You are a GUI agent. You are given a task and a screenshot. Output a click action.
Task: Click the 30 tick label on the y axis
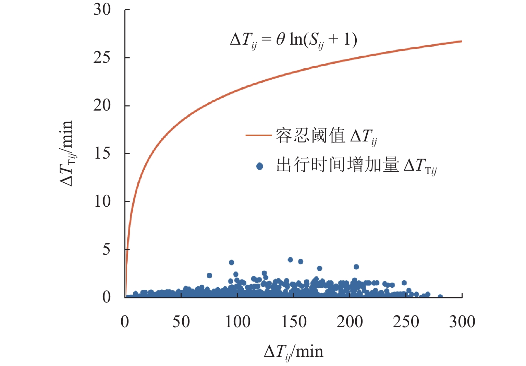pos(102,10)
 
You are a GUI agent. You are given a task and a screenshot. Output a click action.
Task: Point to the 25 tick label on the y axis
pos(102,58)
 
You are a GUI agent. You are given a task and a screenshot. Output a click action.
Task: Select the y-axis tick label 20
pos(102,105)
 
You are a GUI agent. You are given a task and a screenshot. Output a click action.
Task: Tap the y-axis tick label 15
pos(102,153)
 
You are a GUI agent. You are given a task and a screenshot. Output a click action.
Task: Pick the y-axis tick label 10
pos(102,201)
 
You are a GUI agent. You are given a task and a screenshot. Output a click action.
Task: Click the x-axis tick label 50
pos(181,322)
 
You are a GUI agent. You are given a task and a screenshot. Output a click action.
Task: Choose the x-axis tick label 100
pos(237,322)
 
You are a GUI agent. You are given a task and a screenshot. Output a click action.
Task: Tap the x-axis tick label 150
pos(294,322)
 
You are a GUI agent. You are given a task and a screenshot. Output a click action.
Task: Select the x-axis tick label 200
pos(350,322)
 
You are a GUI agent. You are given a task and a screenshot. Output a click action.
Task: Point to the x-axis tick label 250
pos(406,322)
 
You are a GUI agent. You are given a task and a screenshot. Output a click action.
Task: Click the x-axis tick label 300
pos(462,322)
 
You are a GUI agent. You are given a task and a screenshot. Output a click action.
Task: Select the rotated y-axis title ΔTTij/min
pos(66,153)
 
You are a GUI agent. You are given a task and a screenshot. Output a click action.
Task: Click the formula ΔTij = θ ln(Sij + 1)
pos(294,40)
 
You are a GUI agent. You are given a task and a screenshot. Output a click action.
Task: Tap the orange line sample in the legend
pos(258,135)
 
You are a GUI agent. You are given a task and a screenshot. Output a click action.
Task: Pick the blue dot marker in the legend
pos(260,167)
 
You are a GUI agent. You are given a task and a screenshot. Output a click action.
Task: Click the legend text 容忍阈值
pos(310,135)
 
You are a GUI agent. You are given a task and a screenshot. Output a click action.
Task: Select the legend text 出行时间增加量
pos(338,165)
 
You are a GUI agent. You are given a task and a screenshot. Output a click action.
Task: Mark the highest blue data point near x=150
pos(290,260)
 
